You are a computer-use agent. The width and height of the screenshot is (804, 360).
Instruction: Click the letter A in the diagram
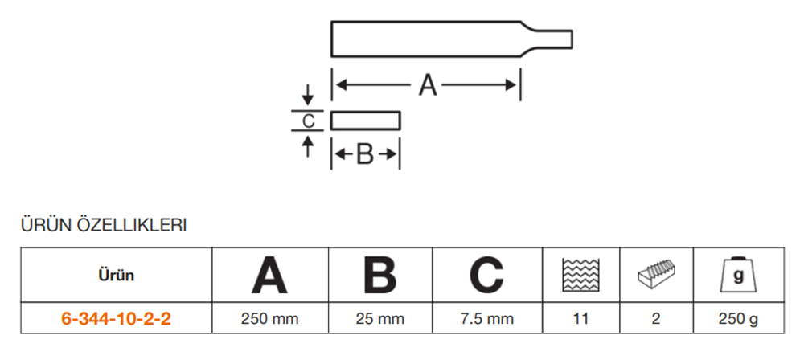click(x=427, y=84)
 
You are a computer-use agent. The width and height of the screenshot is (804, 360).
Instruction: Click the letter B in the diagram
click(x=365, y=154)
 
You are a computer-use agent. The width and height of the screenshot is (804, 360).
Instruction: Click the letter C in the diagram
click(x=307, y=121)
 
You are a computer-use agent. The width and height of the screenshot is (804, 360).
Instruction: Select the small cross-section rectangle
click(x=365, y=121)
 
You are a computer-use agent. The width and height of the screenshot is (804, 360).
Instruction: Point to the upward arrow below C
click(x=307, y=145)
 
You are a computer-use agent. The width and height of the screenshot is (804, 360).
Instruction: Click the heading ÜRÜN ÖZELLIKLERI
click(x=104, y=226)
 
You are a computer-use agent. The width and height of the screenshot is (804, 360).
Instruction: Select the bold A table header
click(x=269, y=276)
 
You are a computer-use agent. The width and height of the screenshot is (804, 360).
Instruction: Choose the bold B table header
click(x=379, y=276)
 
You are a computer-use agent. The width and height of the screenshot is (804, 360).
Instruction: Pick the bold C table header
click(x=486, y=276)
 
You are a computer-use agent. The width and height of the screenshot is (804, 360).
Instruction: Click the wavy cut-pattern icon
click(x=580, y=276)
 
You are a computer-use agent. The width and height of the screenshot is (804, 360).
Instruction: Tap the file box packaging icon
click(x=656, y=276)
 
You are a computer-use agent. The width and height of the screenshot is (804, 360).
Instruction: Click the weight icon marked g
click(x=737, y=276)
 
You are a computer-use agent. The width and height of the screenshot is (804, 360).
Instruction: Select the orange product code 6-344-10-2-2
click(x=116, y=319)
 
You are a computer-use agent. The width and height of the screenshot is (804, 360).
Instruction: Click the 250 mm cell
click(x=269, y=319)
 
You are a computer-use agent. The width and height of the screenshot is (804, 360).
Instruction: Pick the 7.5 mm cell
click(x=486, y=319)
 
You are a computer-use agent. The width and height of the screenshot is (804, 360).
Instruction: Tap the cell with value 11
click(x=580, y=319)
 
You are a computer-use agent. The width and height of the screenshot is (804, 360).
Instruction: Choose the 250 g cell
click(x=737, y=319)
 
